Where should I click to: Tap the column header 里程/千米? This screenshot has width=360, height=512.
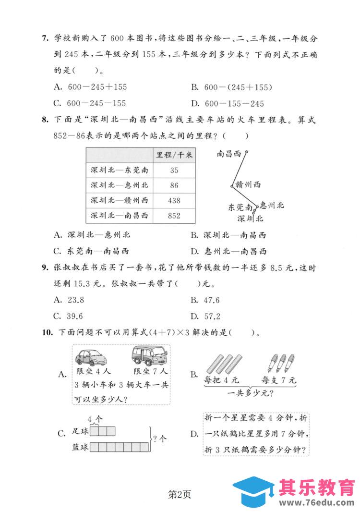174,155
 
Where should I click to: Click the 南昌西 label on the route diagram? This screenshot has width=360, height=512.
228,154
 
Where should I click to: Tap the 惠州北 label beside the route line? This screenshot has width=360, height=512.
272,206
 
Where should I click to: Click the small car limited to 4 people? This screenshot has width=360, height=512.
92,358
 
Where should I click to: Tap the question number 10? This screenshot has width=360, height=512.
46,332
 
